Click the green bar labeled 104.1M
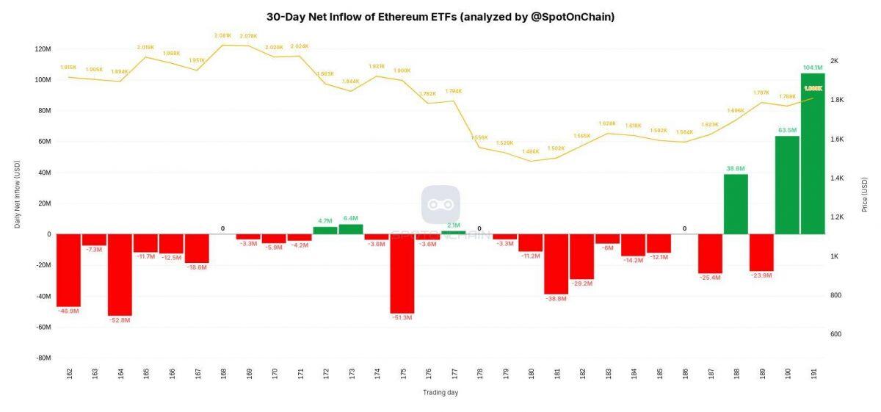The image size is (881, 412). [813, 153]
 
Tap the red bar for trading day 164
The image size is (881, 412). [120, 275]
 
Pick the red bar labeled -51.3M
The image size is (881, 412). [402, 273]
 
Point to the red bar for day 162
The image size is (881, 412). [68, 270]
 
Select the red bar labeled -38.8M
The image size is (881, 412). [556, 264]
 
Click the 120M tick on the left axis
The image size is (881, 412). [43, 49]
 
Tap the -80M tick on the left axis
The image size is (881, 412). [43, 358]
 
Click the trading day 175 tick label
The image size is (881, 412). [402, 374]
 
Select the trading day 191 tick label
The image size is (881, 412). [813, 374]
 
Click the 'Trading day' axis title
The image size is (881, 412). [440, 392]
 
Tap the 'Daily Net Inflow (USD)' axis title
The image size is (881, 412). [18, 195]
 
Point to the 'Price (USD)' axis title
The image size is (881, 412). [865, 195]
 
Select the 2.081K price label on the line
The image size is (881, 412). [222, 35]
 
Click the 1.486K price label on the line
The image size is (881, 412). [530, 151]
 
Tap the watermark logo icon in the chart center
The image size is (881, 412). [440, 205]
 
